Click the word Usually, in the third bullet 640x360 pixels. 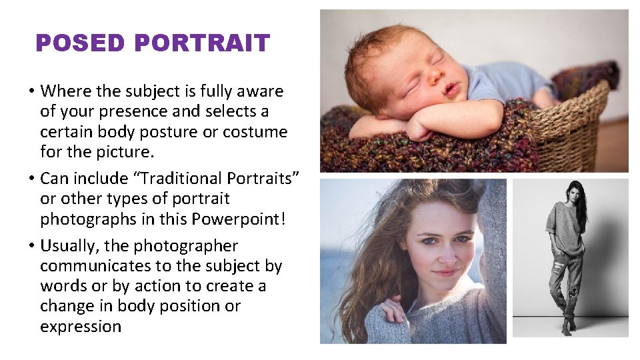click(70, 246)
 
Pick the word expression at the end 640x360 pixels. click(81, 327)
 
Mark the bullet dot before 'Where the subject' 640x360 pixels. click(31, 91)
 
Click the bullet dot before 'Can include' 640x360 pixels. click(31, 179)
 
